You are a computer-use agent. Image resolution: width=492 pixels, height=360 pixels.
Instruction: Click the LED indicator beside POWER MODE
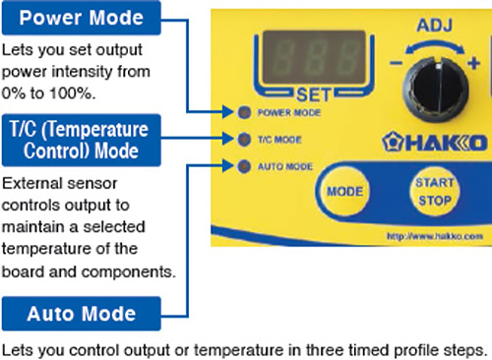pyautogui.click(x=245, y=112)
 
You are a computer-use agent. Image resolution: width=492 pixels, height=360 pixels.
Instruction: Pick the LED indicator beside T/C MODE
pyautogui.click(x=245, y=139)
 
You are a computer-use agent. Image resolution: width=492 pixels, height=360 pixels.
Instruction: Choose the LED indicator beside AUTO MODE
pyautogui.click(x=245, y=165)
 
